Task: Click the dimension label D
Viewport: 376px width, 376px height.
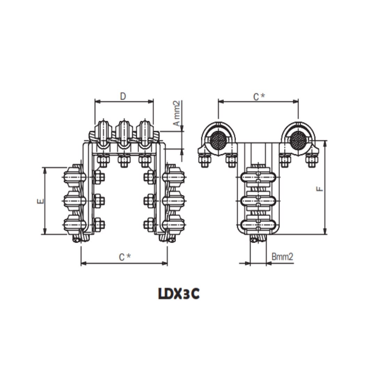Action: tap(123, 96)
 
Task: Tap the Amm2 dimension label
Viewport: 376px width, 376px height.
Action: tap(177, 113)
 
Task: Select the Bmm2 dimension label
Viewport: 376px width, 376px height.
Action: tap(282, 257)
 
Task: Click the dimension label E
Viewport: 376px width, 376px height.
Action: tap(40, 201)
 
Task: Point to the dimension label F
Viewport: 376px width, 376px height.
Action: tap(320, 188)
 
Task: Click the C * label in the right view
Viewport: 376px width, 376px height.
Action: tap(258, 96)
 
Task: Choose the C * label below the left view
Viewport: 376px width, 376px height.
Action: tap(125, 257)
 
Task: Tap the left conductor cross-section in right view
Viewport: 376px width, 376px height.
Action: tap(218, 140)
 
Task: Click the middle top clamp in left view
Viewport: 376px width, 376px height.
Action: tap(124, 134)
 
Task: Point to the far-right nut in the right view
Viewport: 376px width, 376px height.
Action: tap(312, 161)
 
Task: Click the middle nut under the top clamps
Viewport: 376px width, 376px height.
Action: tap(124, 161)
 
